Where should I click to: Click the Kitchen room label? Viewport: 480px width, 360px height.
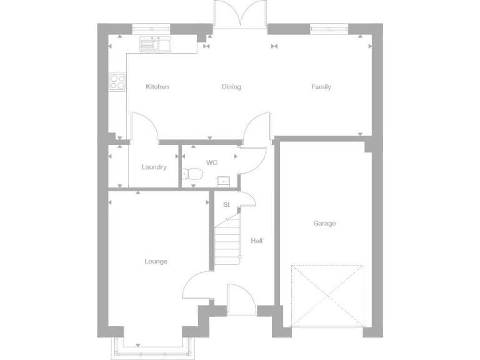click(x=157, y=87)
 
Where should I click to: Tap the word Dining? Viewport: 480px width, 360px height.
click(x=231, y=87)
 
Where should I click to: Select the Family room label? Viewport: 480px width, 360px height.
click(x=321, y=87)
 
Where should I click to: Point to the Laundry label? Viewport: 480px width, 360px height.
click(x=154, y=167)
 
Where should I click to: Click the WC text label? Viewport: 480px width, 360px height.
click(x=212, y=162)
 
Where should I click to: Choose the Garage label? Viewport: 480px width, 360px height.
click(x=324, y=223)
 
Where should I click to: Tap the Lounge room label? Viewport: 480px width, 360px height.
click(x=156, y=261)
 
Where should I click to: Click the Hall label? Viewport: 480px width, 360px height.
click(x=257, y=241)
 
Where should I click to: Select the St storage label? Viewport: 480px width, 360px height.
click(x=226, y=204)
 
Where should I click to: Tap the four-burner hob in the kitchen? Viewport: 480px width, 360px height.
click(x=117, y=82)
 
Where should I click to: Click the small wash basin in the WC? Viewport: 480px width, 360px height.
click(x=224, y=181)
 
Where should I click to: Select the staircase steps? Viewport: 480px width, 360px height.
click(x=227, y=241)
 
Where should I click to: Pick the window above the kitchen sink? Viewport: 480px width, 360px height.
click(x=151, y=27)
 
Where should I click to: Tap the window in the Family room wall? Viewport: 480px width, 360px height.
click(x=329, y=27)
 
